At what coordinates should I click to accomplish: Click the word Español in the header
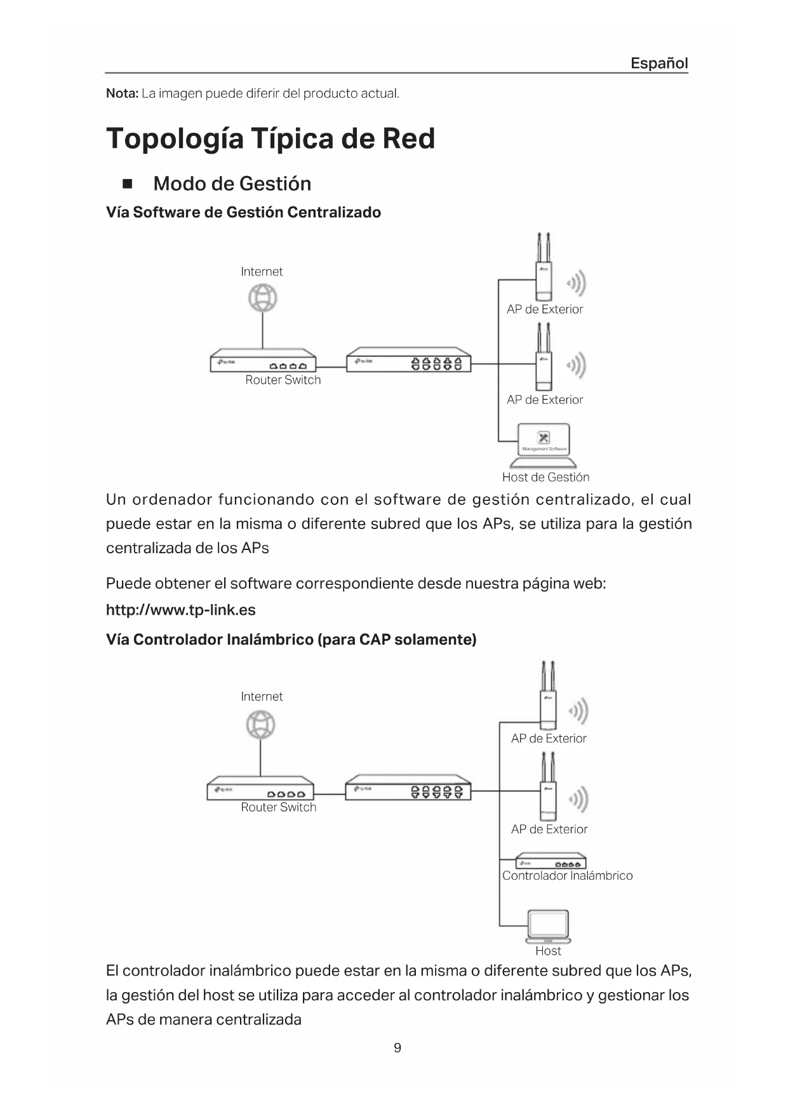point(658,63)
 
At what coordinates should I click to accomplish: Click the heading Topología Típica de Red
point(270,138)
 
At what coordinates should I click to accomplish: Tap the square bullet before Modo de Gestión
point(127,184)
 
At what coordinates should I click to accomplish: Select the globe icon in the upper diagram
point(262,298)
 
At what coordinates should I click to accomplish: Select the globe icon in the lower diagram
point(260,725)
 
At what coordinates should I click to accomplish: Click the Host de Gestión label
point(545,477)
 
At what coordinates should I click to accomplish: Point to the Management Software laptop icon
point(544,443)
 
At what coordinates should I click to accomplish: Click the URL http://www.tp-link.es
point(181,610)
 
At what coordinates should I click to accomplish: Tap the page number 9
point(397,1047)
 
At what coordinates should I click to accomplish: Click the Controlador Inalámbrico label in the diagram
point(567,875)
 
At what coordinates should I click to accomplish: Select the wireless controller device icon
point(550,861)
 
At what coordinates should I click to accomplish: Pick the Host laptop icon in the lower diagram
point(548,927)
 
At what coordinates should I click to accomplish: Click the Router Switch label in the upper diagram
point(283,380)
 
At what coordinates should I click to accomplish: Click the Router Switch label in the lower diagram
point(278,807)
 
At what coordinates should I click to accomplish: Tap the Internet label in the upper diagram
point(262,272)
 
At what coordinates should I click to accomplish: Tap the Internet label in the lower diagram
point(262,697)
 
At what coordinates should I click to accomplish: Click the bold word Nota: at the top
point(122,93)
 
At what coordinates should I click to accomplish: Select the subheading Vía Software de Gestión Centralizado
point(243,212)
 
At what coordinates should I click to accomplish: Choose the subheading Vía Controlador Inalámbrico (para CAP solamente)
point(291,639)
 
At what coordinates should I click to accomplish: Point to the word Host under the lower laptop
point(548,951)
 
